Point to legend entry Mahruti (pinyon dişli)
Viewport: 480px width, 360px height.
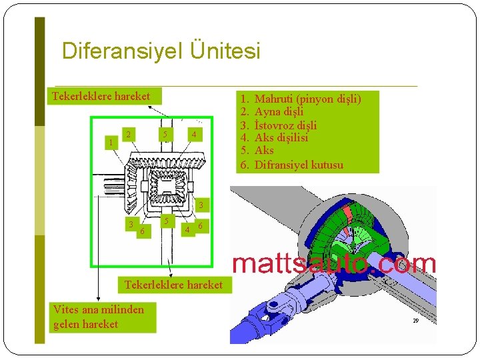(307, 99)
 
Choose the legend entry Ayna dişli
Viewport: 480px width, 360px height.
(279, 112)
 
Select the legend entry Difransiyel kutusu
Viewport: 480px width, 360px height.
(299, 165)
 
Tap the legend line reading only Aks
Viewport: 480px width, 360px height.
(264, 151)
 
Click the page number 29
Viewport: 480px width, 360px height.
(415, 321)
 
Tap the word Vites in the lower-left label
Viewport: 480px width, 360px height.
(65, 309)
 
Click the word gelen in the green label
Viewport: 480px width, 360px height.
(67, 325)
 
